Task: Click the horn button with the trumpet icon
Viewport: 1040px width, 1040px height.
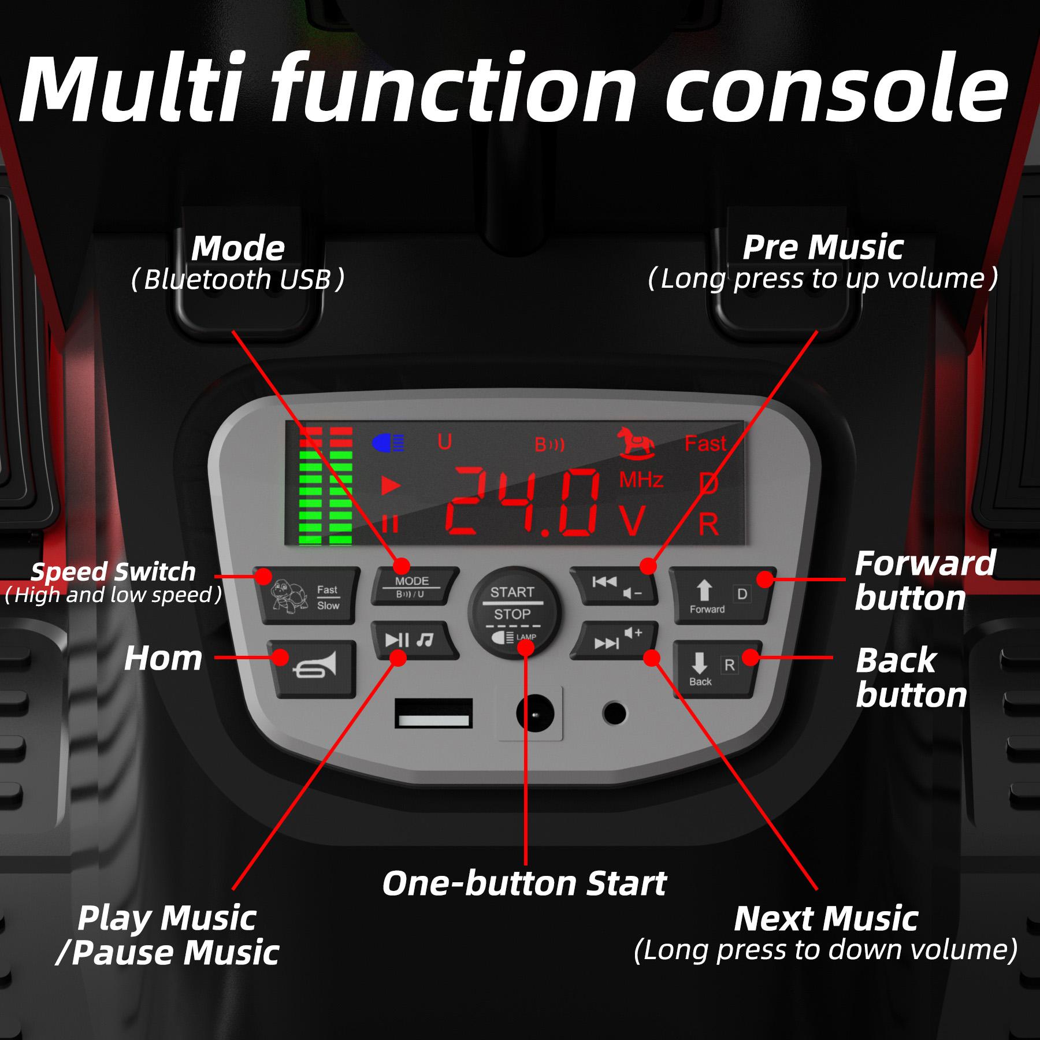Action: (x=313, y=669)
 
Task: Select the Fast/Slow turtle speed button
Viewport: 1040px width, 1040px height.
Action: (x=306, y=596)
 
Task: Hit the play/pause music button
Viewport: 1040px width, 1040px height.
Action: (x=415, y=640)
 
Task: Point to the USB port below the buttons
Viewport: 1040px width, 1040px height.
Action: (x=433, y=713)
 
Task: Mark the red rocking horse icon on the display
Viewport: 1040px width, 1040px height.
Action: (x=636, y=443)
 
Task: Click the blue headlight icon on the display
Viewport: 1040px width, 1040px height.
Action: (x=388, y=443)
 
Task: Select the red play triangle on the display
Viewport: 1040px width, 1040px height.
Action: (x=391, y=485)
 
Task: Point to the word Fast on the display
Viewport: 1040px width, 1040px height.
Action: (x=705, y=444)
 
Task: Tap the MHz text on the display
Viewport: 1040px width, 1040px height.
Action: (x=641, y=480)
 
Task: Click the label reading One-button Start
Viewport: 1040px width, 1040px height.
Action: (x=524, y=883)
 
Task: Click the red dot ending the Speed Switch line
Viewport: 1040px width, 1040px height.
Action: (x=263, y=576)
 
